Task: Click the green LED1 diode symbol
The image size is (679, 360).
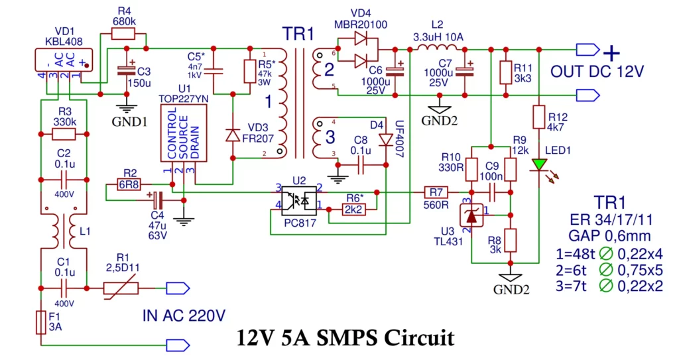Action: [x=540, y=164]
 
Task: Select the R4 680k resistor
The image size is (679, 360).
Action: [x=124, y=34]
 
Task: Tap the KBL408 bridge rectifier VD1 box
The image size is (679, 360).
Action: [x=63, y=61]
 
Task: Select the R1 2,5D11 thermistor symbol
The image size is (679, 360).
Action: [x=120, y=288]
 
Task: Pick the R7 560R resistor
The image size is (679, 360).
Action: [x=436, y=192]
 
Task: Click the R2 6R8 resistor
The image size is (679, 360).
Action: [x=129, y=185]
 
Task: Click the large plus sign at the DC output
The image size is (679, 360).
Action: [x=611, y=52]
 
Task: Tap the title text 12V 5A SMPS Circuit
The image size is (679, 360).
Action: [x=345, y=338]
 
